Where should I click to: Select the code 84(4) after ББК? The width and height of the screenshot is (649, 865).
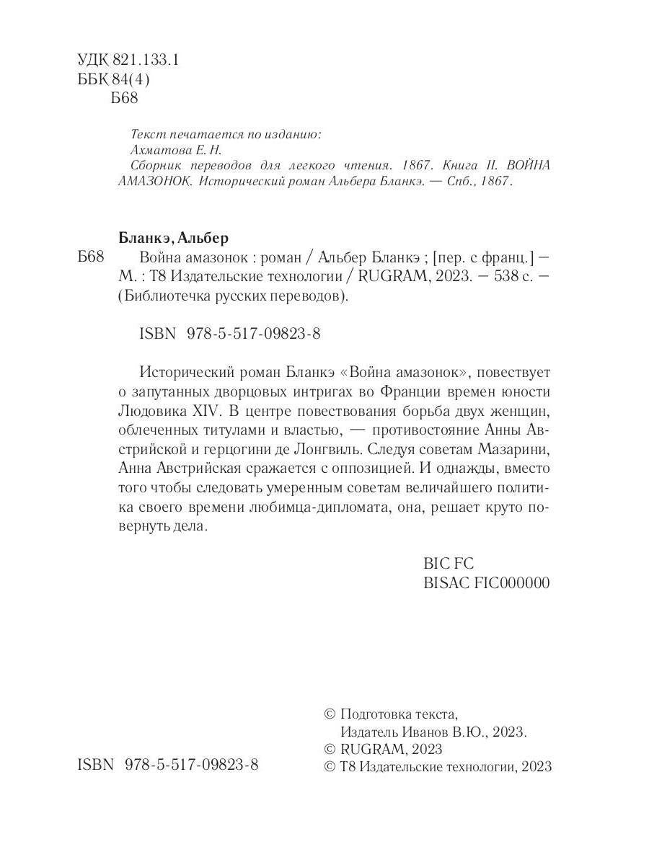coord(133,80)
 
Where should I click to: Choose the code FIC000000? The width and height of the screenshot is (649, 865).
coord(511,583)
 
